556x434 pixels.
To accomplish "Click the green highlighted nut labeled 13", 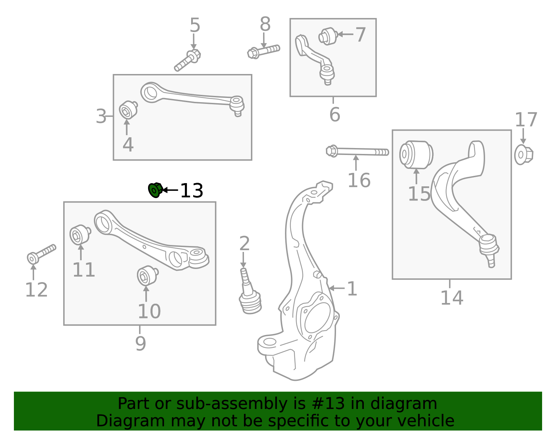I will point(155,190).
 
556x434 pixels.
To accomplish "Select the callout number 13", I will point(191,191).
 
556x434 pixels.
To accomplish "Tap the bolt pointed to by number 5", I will point(188,61).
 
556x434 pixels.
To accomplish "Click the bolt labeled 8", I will point(263,51).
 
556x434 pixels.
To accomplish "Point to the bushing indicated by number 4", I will point(128,110).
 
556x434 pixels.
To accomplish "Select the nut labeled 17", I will point(523,155).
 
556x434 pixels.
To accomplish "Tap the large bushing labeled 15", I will point(416,154).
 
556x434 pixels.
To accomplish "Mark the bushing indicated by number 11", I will point(80,235).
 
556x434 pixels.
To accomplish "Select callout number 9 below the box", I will point(140,343).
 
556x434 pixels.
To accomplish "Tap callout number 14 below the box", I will point(451,298).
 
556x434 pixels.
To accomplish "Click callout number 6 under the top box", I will point(334,115).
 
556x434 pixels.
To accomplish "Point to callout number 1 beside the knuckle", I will point(352,289).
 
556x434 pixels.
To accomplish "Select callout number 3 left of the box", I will point(101,116).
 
